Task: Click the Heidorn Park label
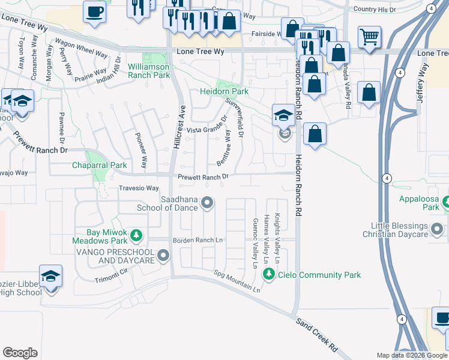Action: click(224, 91)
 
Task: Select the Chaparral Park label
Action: click(100, 165)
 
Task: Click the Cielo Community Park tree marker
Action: click(268, 275)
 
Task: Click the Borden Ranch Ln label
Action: click(198, 241)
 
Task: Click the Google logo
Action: click(20, 353)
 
